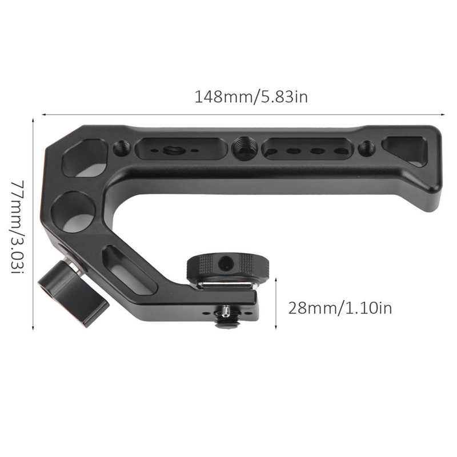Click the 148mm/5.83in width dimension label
pyautogui.click(x=251, y=97)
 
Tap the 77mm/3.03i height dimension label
pyautogui.click(x=18, y=227)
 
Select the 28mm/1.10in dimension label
pyautogui.click(x=340, y=308)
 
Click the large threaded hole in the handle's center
pyautogui.click(x=244, y=148)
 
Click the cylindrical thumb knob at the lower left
pyautogui.click(x=74, y=293)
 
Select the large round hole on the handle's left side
pyautogui.click(x=74, y=212)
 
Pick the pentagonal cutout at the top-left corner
pyautogui.click(x=85, y=158)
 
